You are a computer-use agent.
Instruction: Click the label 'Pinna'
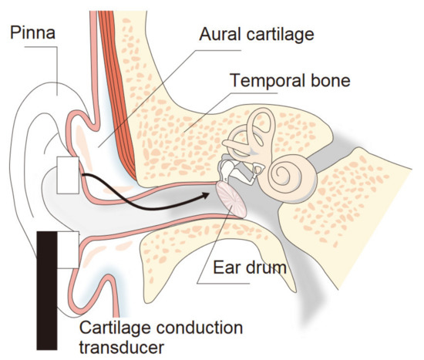tap(31, 33)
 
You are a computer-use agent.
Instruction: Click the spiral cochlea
tap(292, 171)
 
